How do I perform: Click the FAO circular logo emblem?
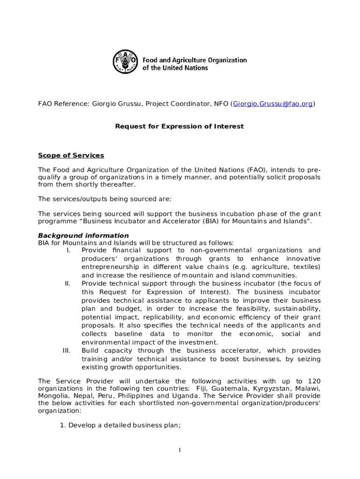pos(126,62)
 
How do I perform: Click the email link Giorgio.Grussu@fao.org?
pos(273,104)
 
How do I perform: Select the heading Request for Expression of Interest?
pos(180,126)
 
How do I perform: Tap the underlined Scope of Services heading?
pos(71,155)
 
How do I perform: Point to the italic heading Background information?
pos(83,235)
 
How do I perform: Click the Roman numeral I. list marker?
pos(68,251)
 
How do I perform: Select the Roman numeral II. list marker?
pos(67,283)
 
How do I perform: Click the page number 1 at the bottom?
pos(179,450)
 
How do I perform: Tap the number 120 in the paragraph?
pos(314,381)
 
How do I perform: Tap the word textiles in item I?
pos(305,267)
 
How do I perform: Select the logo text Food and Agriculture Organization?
pos(194,60)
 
